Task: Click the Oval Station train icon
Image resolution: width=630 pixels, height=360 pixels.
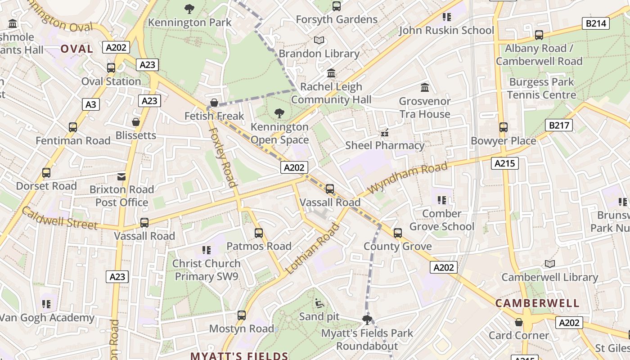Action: [111, 68]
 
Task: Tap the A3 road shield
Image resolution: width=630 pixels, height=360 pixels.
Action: [91, 105]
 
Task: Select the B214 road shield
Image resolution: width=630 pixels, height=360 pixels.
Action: [595, 24]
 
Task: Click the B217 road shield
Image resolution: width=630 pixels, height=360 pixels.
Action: [559, 125]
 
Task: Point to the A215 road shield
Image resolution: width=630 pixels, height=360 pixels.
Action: [504, 163]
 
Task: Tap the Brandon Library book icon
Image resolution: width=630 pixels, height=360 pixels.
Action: [319, 40]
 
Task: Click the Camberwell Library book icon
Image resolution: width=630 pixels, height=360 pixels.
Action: [549, 264]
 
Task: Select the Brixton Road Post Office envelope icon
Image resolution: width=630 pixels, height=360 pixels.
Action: [121, 176]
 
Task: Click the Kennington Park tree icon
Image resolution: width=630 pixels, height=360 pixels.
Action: [189, 9]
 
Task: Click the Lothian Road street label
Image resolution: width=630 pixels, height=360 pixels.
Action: [312, 249]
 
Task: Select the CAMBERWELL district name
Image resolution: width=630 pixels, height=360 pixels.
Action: [537, 303]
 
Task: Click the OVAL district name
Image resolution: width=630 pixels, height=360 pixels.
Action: [76, 49]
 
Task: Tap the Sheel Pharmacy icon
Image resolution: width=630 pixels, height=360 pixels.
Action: [384, 132]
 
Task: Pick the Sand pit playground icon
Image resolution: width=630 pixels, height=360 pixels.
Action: [319, 303]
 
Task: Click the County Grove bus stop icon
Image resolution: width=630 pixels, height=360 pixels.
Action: [397, 233]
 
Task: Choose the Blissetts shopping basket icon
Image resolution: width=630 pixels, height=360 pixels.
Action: [135, 122]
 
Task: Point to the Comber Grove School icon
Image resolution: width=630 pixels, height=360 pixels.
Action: [441, 200]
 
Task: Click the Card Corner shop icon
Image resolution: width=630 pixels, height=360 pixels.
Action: [518, 322]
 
